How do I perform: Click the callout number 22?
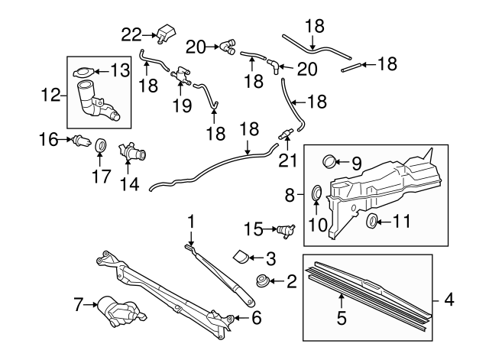pyautogui.click(x=131, y=34)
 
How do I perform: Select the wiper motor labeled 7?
pyautogui.click(x=116, y=310)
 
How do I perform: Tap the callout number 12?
pyautogui.click(x=50, y=96)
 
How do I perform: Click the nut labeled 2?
pyautogui.click(x=264, y=282)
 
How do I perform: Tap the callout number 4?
pyautogui.click(x=449, y=300)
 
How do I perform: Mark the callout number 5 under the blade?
pyautogui.click(x=342, y=314)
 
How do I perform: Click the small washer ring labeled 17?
pyautogui.click(x=99, y=145)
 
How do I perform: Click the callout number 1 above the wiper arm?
pyautogui.click(x=191, y=222)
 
